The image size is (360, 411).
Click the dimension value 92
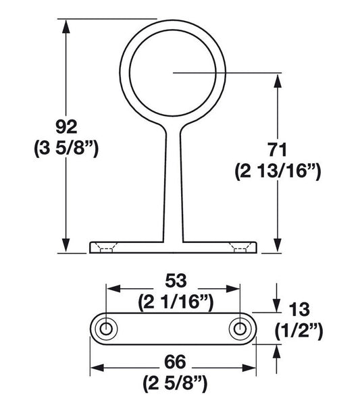point(66,126)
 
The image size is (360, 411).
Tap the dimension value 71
point(277,149)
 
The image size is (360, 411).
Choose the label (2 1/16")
point(174,302)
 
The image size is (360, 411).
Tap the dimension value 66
point(174,364)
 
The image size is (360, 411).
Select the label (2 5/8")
point(174,385)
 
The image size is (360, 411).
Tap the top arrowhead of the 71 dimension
point(277,80)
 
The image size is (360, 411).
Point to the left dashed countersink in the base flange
point(107,248)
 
